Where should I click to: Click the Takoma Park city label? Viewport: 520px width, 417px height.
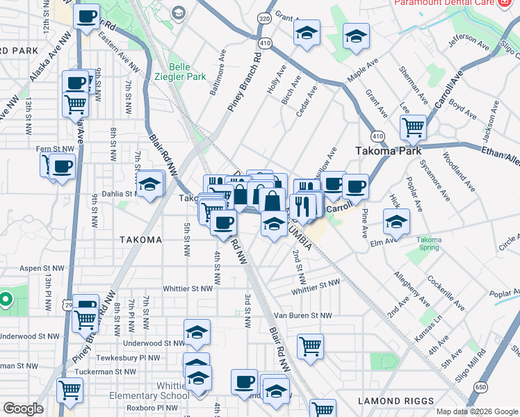click(x=385, y=150)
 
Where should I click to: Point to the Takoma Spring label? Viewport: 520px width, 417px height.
click(x=429, y=244)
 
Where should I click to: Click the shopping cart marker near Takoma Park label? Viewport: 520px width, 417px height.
click(x=413, y=126)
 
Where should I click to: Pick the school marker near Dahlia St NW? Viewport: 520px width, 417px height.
click(x=149, y=184)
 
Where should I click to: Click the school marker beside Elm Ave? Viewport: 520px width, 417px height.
click(x=396, y=222)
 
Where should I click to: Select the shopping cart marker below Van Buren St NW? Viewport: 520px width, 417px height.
click(x=310, y=345)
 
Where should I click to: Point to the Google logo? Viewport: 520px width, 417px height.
click(x=23, y=409)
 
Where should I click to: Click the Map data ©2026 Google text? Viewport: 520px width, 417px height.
click(x=477, y=411)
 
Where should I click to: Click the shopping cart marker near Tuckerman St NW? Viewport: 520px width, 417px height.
click(x=70, y=390)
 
